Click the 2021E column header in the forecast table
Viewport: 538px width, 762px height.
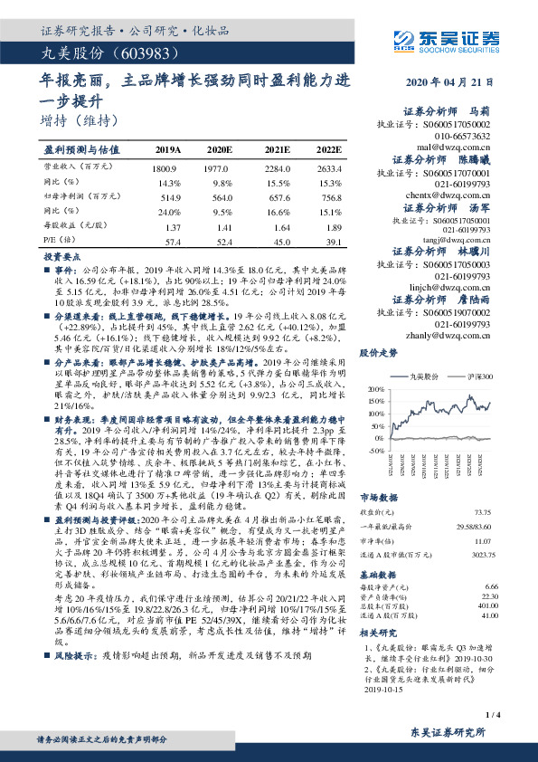pyautogui.click(x=277, y=149)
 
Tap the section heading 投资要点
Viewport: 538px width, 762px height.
pyautogui.click(x=61, y=258)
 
